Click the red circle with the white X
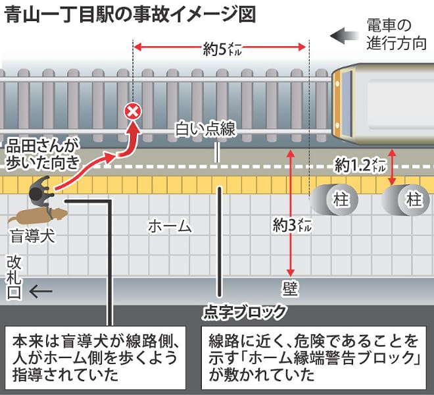point(133,111)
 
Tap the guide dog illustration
point(38,215)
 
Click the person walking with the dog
point(41,191)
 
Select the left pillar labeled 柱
point(334,199)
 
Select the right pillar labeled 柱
point(406,199)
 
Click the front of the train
point(343,103)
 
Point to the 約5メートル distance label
point(222,49)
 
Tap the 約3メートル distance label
point(292,225)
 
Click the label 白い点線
point(205,129)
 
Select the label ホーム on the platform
point(170,226)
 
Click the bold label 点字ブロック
point(244,312)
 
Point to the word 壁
point(290,289)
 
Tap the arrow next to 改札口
point(41,292)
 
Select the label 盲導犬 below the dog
point(33,236)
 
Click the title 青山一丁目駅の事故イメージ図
point(130,14)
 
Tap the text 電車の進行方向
point(397,34)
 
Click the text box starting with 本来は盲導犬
point(95,358)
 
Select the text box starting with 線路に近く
point(314,358)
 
